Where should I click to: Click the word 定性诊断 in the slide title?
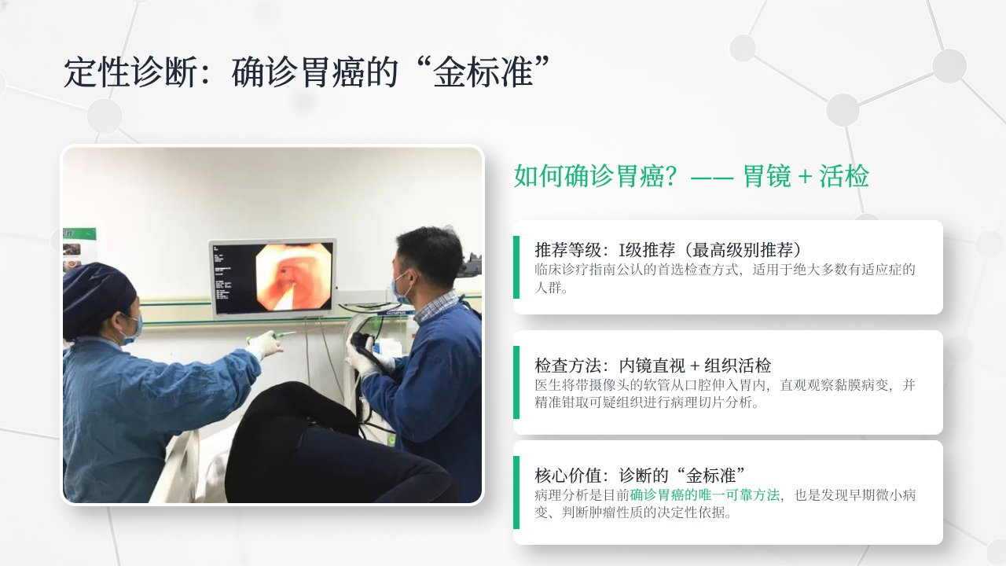[130, 72]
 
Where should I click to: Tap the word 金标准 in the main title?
[483, 72]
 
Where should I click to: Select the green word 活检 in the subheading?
[844, 175]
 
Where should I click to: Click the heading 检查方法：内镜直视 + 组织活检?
[652, 366]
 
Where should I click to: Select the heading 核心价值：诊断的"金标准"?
[641, 476]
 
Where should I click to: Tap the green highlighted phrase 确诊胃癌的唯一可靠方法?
[705, 495]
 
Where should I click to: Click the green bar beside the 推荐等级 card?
[516, 266]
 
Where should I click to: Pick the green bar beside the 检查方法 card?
[516, 382]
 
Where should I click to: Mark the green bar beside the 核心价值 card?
[516, 492]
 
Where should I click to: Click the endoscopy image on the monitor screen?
[294, 276]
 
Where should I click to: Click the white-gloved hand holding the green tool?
[265, 344]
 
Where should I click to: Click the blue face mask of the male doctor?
[401, 288]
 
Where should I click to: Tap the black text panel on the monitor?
[233, 278]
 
